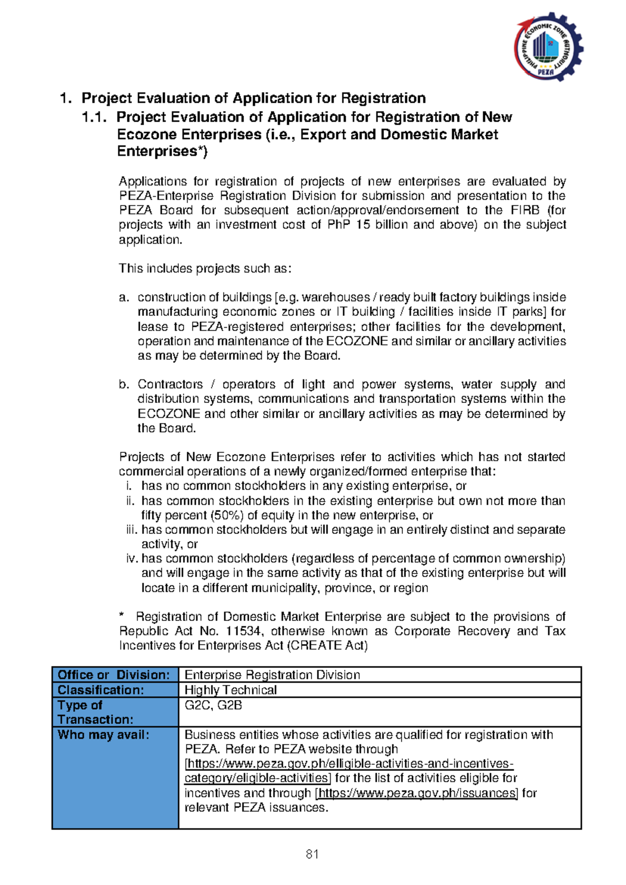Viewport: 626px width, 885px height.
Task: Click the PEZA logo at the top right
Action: click(x=548, y=47)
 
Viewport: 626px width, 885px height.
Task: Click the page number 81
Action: click(x=312, y=854)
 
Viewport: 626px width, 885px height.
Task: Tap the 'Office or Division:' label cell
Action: click(x=114, y=675)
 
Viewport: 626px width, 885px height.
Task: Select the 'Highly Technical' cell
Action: click(x=231, y=690)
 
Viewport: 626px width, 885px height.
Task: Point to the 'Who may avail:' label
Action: click(x=104, y=735)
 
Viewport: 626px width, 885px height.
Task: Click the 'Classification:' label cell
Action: click(x=101, y=690)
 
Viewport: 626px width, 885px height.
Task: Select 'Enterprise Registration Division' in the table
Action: click(x=272, y=675)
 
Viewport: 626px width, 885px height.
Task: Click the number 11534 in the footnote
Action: click(x=244, y=631)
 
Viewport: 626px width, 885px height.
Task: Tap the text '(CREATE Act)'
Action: click(x=327, y=645)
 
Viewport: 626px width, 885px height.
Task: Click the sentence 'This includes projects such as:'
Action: click(x=205, y=269)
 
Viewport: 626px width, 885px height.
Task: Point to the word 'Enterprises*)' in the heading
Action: click(x=162, y=152)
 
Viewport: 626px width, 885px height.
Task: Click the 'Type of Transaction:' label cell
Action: click(x=95, y=712)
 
